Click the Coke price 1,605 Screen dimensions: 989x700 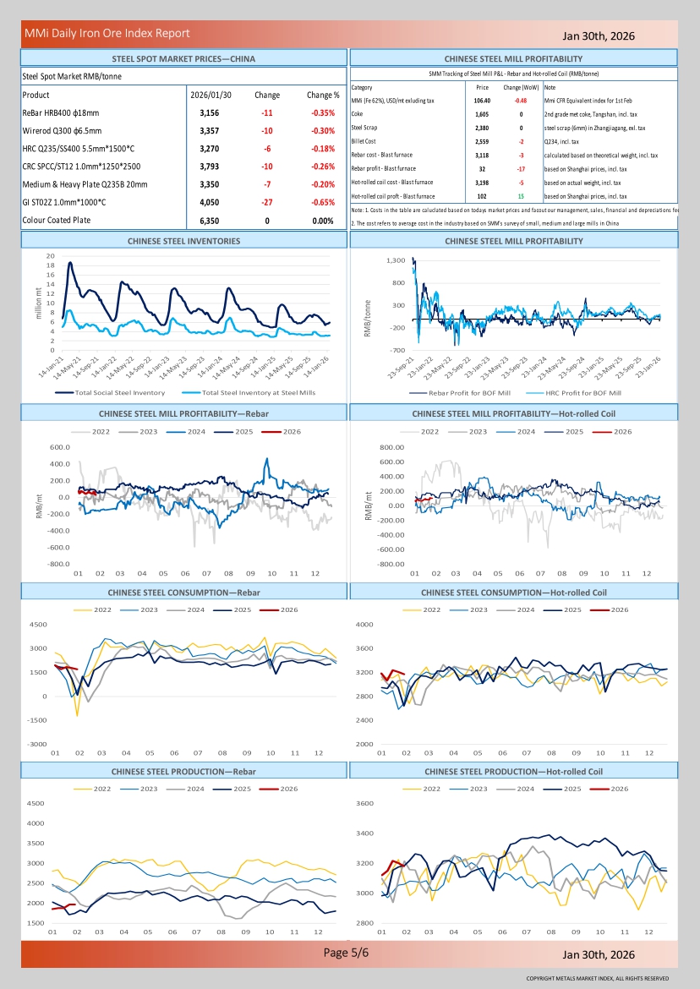coord(482,113)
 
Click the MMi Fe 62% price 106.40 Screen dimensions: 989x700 coord(482,100)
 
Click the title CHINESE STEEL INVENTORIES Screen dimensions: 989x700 coord(183,241)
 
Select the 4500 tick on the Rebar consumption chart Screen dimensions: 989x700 coord(39,625)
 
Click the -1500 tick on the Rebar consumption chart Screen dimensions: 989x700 coord(37,720)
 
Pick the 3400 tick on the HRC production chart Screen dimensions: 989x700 coord(388,833)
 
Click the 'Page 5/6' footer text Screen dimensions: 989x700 coord(347,953)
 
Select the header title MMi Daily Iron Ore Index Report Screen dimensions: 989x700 coord(107,33)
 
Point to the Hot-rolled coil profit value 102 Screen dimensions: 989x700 coord(482,196)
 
